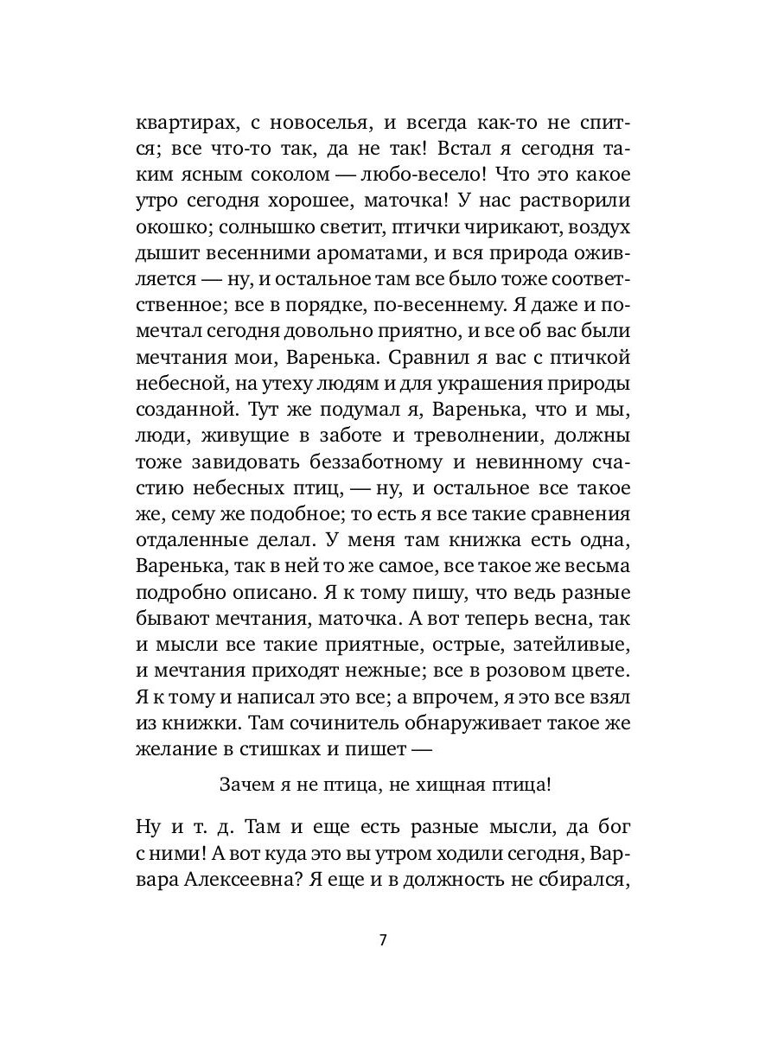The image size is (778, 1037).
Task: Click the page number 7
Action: pyautogui.click(x=383, y=941)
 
